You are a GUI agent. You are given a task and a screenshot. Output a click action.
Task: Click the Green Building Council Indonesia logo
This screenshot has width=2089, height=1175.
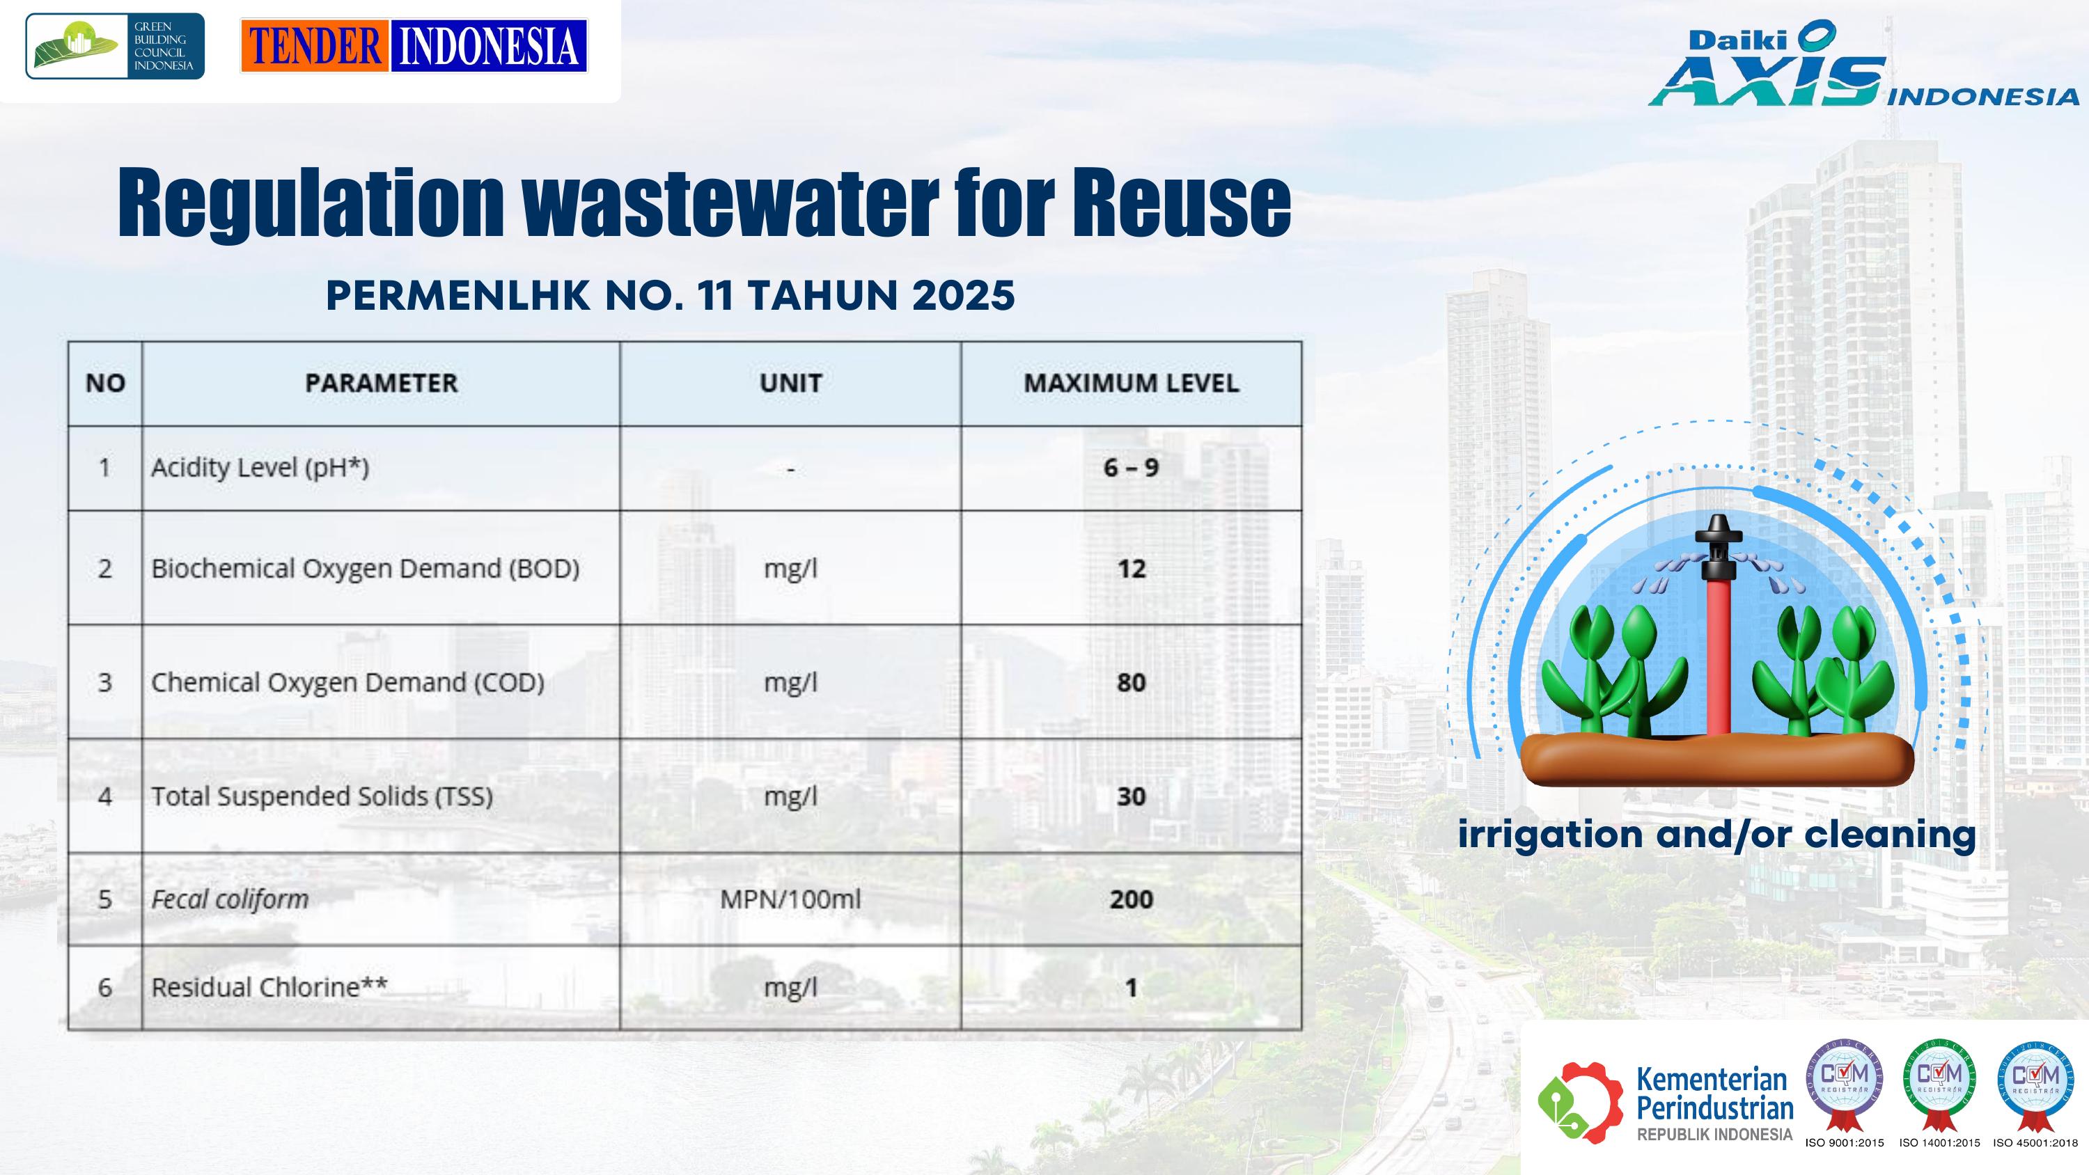(114, 46)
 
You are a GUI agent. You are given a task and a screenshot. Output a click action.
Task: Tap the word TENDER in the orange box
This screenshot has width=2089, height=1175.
(315, 46)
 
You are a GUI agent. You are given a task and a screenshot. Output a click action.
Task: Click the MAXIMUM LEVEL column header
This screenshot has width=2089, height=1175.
(1132, 384)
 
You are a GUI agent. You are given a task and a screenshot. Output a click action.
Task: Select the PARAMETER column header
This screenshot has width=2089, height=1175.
(381, 384)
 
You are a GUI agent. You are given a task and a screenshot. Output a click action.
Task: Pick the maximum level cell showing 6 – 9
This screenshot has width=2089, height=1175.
(1132, 468)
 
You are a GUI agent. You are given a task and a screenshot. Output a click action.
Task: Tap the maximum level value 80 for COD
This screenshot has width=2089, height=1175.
(1132, 683)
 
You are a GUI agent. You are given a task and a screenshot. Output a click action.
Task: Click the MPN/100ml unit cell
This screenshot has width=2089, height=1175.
(790, 899)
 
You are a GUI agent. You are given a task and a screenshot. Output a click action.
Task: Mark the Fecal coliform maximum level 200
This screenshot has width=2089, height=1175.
(1132, 899)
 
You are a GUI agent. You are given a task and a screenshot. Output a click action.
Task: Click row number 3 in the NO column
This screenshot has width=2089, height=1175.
(104, 683)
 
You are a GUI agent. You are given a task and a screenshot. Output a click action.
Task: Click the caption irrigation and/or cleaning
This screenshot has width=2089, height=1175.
(1716, 835)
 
